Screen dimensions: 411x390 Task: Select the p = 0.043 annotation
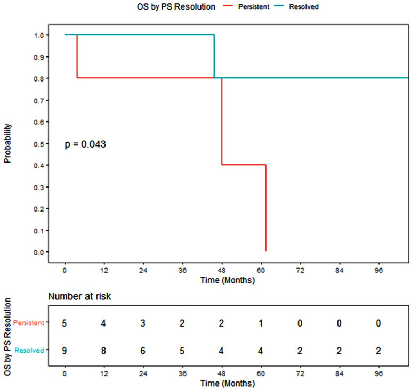[85, 144]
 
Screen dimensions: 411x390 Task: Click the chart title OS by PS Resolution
[176, 6]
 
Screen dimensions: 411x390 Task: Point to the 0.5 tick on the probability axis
[39, 144]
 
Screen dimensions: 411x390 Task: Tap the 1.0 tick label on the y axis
[39, 35]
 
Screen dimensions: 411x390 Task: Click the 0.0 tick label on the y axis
[39, 252]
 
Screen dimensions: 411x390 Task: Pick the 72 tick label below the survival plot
[300, 270]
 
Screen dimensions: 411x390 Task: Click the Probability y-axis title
[7, 143]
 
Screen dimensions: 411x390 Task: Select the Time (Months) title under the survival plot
[228, 280]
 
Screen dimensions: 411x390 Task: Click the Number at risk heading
[79, 296]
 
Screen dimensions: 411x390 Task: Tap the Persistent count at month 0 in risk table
[64, 323]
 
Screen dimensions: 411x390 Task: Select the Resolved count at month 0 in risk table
[64, 351]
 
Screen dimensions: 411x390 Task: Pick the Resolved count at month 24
[143, 351]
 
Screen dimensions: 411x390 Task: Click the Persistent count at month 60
[261, 323]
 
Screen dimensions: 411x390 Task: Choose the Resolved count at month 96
[378, 351]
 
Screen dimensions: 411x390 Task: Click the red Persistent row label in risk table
[29, 323]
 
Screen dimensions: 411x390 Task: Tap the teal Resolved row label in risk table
[29, 350]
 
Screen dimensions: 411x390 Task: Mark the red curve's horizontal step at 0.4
[244, 165]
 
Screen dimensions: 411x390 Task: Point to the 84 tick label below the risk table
[339, 373]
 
